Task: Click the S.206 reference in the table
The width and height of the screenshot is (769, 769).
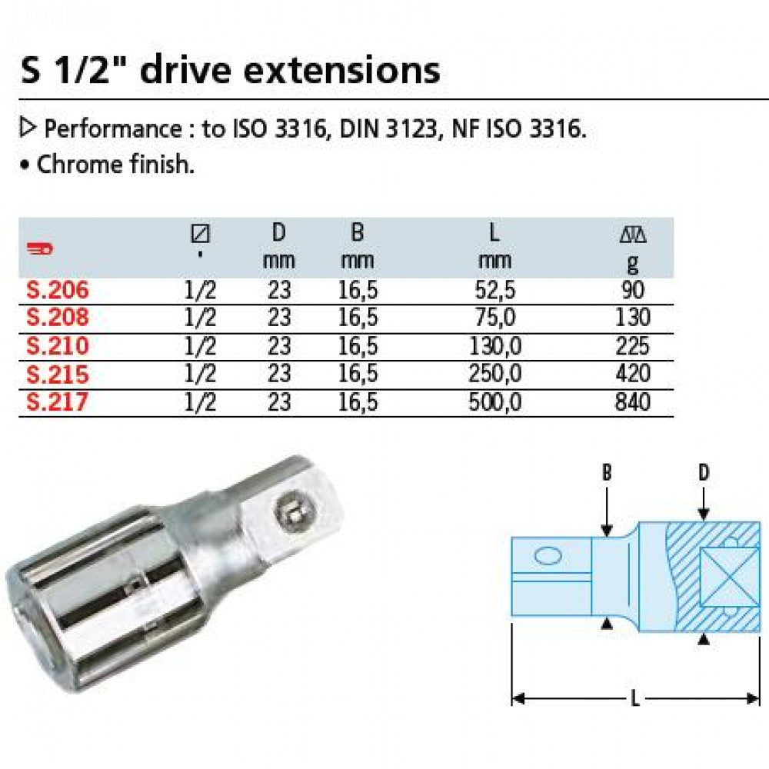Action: pos(57,290)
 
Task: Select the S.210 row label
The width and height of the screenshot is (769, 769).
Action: pos(57,346)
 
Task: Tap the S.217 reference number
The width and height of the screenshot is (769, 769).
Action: pos(57,402)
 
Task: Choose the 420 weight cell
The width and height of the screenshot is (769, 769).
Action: pos(633,375)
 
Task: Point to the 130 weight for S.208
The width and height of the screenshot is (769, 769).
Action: pos(633,318)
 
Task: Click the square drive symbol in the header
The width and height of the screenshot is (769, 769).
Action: pos(201,233)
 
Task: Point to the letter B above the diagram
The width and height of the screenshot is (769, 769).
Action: pos(607,473)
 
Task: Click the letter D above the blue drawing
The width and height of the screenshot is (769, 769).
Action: pos(703,473)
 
